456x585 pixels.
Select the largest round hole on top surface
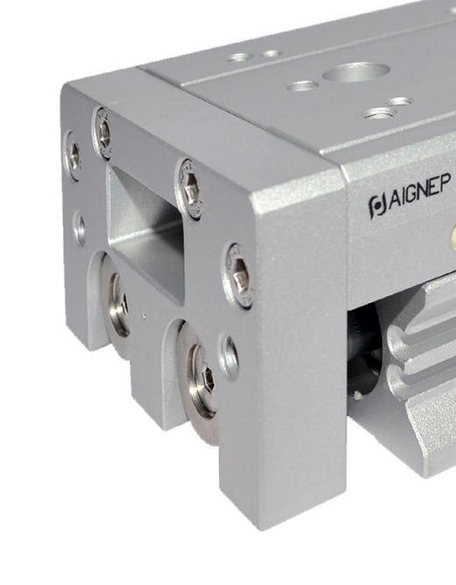[x=356, y=72]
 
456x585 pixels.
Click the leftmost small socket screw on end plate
[x=74, y=155]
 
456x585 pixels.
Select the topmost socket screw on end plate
[x=102, y=134]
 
